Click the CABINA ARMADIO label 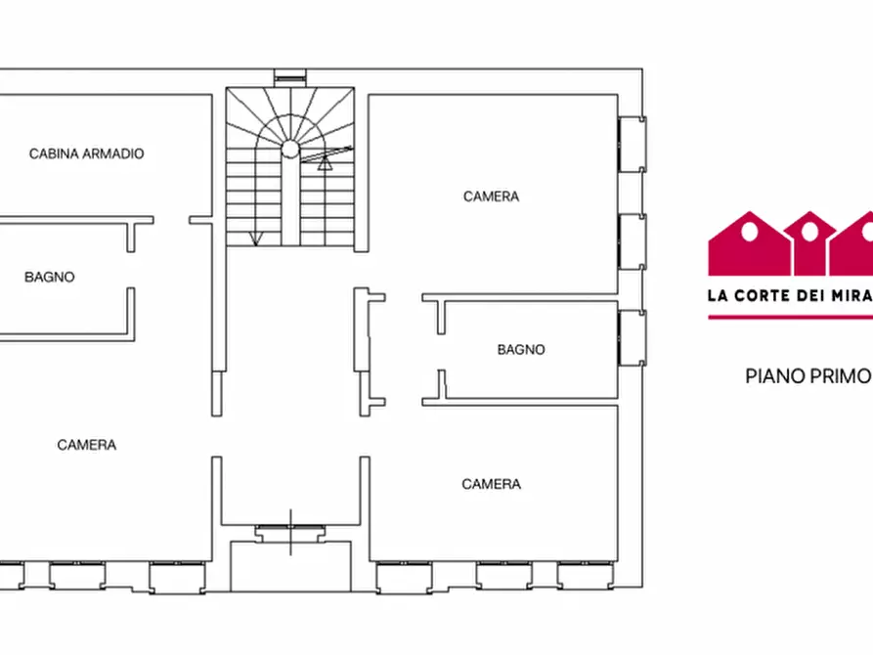coord(86,153)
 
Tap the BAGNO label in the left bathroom coord(49,277)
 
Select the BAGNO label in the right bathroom coord(521,349)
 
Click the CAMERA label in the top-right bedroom coord(491,196)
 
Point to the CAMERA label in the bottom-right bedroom coord(491,484)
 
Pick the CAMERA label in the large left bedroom coord(86,445)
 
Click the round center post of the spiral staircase coord(290,149)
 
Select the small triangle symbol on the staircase coord(326,163)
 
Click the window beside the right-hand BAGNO coord(632,338)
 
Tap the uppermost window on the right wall coord(632,145)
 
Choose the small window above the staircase coord(290,75)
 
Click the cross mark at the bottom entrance coord(290,533)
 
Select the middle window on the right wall coord(632,241)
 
